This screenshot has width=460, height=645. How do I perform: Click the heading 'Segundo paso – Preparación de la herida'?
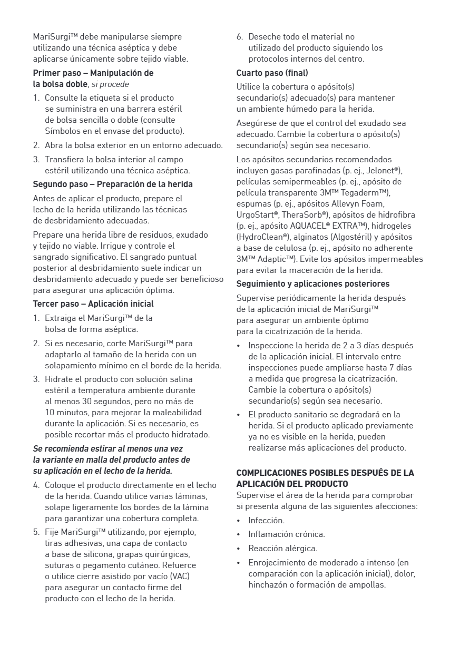tap(113, 184)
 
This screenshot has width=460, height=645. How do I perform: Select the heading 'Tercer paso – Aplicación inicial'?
tap(93, 304)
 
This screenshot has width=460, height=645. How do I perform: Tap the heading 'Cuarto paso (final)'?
tap(272, 73)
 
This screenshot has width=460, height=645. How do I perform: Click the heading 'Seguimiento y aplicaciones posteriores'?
tap(313, 284)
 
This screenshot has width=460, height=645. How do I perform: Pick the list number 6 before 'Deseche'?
tap(239, 37)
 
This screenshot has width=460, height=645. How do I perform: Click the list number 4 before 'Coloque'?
tap(36, 485)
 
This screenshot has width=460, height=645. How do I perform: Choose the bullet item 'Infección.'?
tap(266, 521)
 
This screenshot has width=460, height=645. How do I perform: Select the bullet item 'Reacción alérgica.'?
tap(283, 549)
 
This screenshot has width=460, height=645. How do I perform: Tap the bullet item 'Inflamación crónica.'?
tap(287, 534)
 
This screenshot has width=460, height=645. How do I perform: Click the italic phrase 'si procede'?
tap(110, 84)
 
